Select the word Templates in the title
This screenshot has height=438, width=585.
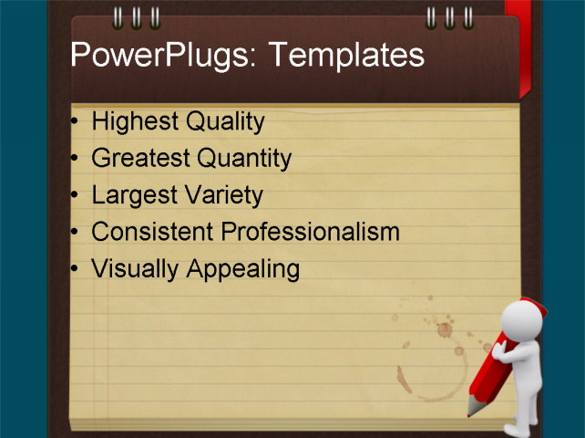[346, 57]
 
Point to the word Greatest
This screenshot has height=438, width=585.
[140, 159]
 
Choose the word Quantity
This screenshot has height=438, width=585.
[244, 159]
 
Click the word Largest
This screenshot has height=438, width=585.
[135, 195]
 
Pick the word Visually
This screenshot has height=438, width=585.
[135, 269]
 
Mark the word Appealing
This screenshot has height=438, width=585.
[242, 269]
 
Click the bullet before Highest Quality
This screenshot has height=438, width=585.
[75, 121]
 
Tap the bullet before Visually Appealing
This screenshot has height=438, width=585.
[75, 269]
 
